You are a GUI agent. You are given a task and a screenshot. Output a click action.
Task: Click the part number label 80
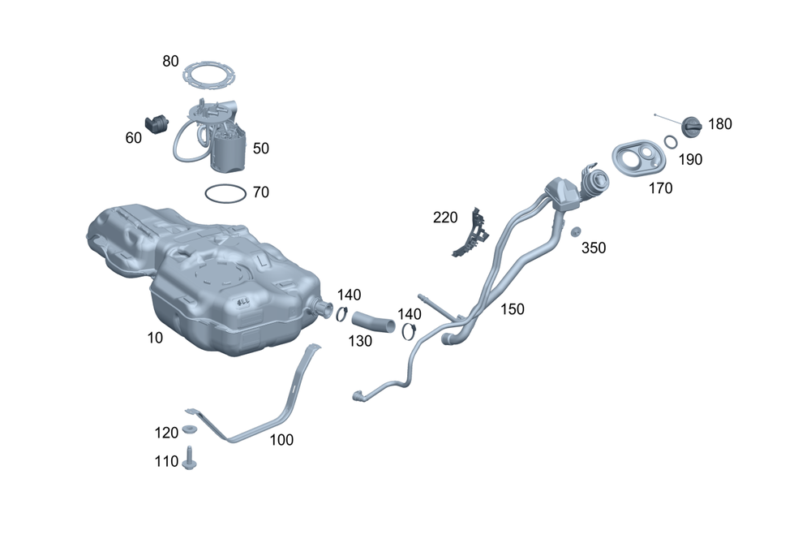click(170, 61)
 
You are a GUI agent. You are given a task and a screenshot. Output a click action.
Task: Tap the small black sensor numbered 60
click(157, 123)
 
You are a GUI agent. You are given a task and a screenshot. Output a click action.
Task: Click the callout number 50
click(260, 149)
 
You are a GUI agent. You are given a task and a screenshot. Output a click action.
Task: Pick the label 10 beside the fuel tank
click(155, 338)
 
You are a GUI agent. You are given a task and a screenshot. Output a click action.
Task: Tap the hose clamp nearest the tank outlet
click(341, 314)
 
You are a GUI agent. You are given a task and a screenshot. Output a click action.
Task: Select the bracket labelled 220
click(470, 234)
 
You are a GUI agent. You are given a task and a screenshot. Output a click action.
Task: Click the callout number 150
click(512, 309)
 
